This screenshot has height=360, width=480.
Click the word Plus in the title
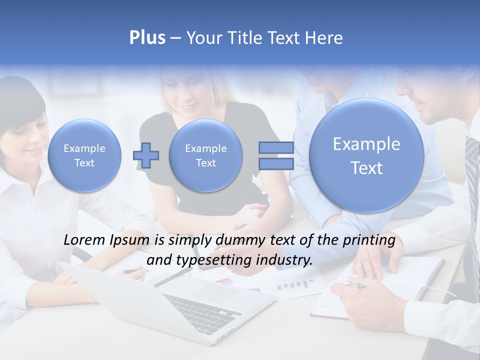147,37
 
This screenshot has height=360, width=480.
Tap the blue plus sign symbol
146,155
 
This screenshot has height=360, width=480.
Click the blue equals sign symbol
276,155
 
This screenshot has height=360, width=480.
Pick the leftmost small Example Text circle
84,155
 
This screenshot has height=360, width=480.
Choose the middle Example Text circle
205,155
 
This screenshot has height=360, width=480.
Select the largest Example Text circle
366,155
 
